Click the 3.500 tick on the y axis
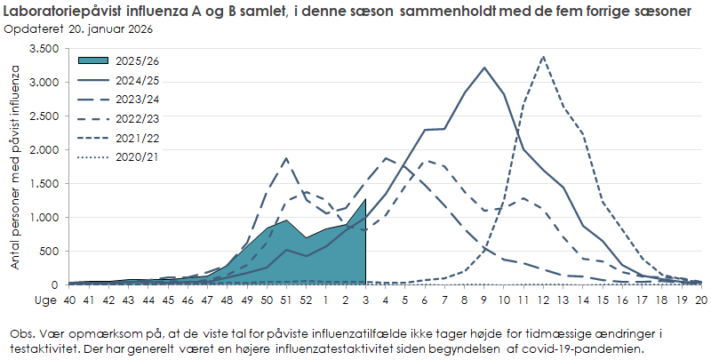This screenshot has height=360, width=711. pos(43,49)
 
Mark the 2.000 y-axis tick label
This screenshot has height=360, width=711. pos(43,150)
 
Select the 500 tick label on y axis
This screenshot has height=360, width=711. pos(49,252)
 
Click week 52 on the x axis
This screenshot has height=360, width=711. pos(306,300)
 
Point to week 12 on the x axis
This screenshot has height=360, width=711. pos(543,300)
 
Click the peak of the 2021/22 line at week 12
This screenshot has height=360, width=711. pos(543,57)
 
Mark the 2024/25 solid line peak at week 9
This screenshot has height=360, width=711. pos(484,68)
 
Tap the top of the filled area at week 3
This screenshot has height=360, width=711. pos(365,199)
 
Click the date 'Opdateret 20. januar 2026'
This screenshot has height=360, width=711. pos(78,29)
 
